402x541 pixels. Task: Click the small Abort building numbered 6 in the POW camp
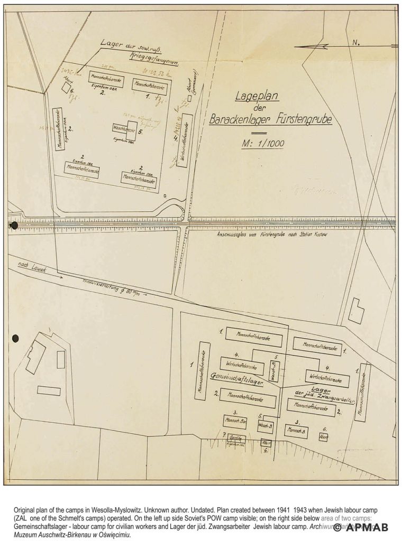click(x=66, y=88)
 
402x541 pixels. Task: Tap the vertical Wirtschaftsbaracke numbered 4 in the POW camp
click(x=184, y=139)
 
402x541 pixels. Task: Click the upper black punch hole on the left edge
click(x=14, y=226)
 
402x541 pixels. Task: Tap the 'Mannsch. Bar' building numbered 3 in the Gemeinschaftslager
click(x=235, y=421)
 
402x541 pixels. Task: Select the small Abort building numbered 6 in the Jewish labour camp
click(x=323, y=437)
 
